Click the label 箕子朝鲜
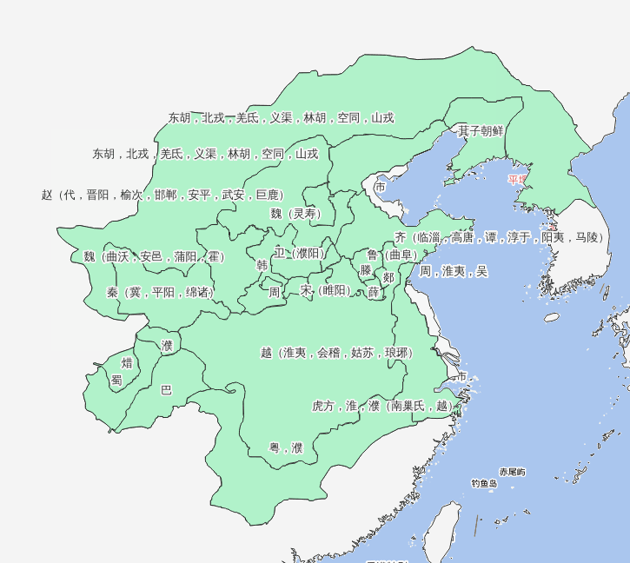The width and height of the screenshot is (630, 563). coord(481,131)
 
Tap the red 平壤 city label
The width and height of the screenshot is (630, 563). coord(518,180)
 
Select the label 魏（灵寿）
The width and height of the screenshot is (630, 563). coord(295,214)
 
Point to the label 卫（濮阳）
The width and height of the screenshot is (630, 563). coord(298,253)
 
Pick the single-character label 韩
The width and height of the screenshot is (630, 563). coord(262,266)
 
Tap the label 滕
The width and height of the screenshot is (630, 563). coord(365,270)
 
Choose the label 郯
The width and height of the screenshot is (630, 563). coord(388,277)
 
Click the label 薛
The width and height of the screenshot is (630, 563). coord(373,292)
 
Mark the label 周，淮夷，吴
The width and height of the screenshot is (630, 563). coord(453,271)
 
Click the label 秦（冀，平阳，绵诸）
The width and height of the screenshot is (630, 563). coord(159,292)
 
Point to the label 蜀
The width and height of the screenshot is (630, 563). coord(116,380)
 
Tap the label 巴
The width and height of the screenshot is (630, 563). coord(166,390)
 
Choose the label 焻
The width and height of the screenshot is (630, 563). coord(127,362)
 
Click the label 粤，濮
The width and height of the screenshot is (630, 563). coord(285,448)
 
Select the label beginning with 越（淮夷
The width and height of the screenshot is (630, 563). coord(335,353)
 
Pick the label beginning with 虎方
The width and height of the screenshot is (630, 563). coord(382,405)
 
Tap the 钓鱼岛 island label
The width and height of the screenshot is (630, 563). coord(484,483)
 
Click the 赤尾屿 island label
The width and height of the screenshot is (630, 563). coord(512,472)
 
